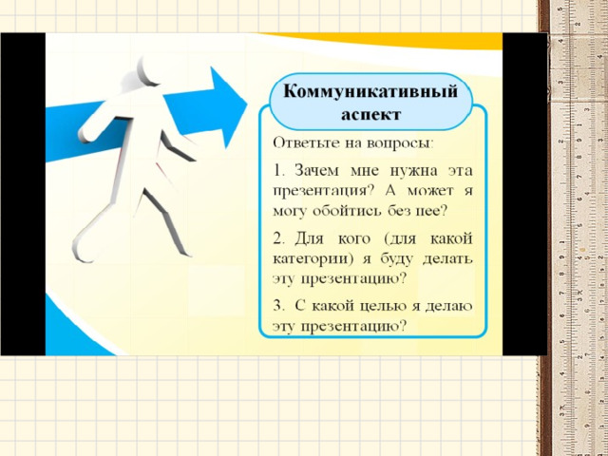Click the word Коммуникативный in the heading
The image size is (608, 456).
point(370,91)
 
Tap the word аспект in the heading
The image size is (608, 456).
point(370,115)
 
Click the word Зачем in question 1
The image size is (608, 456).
point(316,171)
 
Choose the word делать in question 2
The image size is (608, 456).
point(447,259)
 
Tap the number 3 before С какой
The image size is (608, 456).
point(278,306)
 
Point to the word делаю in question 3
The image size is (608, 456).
point(449,306)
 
